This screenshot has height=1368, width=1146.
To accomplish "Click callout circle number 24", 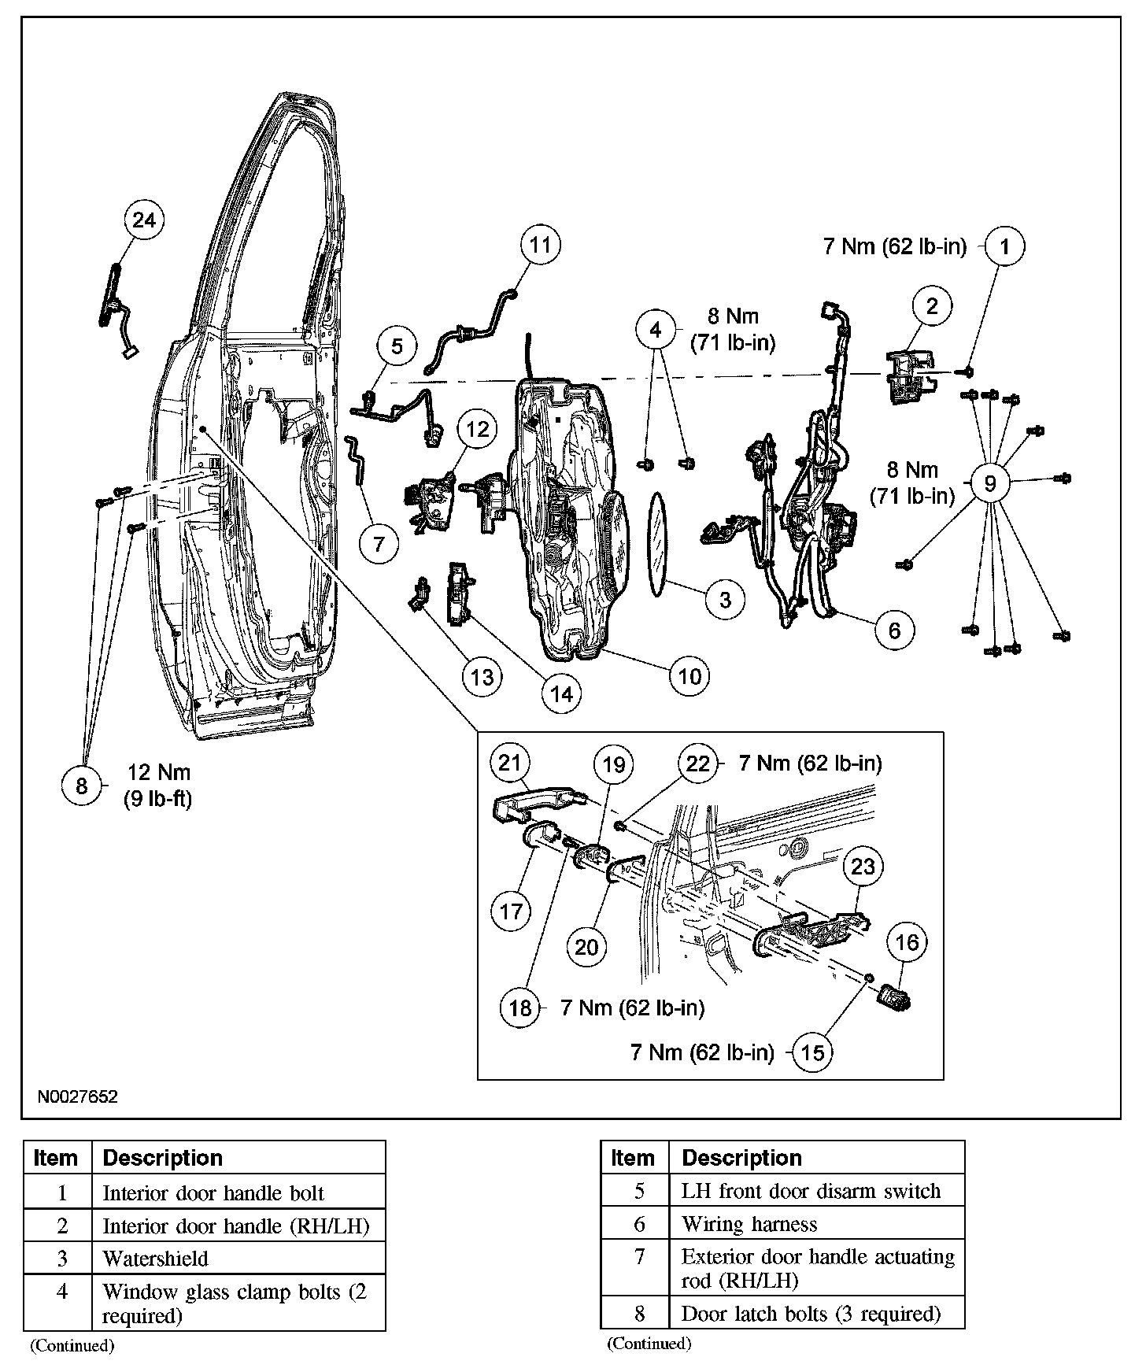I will pos(144,220).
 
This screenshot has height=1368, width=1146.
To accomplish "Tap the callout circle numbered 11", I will pos(540,245).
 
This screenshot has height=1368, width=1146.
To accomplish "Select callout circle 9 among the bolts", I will pos(990,482).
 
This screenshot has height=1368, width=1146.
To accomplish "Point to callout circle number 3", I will pos(725,600).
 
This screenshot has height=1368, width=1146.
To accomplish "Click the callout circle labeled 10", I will pos(689,676).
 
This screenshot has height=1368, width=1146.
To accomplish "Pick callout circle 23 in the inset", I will pos(863,867).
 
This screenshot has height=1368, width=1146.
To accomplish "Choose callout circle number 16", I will pos(908,942).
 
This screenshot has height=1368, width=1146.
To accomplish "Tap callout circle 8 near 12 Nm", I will pos(82,785).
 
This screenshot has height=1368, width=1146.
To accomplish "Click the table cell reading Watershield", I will pos(156,1259).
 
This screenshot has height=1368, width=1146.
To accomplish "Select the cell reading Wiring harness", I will pos(749,1224).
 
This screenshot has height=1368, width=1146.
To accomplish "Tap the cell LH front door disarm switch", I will pos(811,1191).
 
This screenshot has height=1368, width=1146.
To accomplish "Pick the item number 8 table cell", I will pos(639,1314).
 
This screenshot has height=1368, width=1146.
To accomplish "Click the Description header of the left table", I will pos(163,1158).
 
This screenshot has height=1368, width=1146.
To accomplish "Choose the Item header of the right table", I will pos(633,1158).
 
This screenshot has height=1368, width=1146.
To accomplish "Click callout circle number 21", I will pos(511,762).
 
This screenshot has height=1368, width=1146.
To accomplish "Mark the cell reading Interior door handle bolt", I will pos(213,1193).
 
